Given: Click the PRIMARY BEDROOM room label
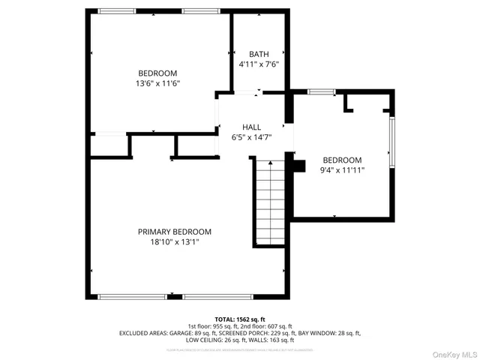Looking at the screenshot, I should point(174,232).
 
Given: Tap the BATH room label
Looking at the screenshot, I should point(259,54).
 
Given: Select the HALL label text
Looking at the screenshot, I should point(251,127).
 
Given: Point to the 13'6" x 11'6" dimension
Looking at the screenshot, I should point(158,83).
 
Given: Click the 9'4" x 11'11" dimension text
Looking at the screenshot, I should point(342,170).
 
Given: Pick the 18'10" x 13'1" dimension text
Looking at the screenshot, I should point(174,242).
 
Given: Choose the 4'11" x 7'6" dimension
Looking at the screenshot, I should point(259,64).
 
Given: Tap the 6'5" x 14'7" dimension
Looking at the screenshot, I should point(251,137).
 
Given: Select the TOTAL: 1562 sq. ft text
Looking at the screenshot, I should point(240,319).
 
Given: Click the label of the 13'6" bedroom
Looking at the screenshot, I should point(158,73).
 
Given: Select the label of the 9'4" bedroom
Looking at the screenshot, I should point(342,160).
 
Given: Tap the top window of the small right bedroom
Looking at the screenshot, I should point(321,91).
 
